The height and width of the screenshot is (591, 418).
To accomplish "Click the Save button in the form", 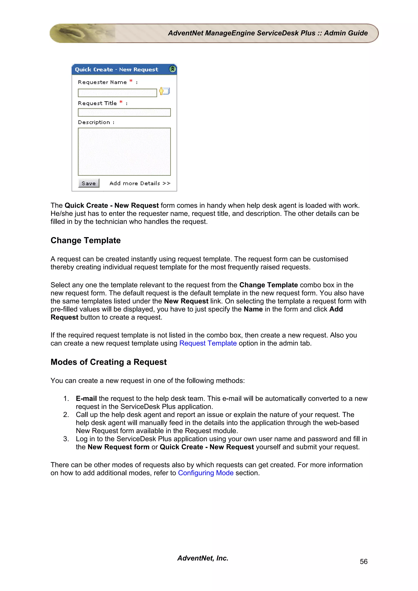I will pos(89,183).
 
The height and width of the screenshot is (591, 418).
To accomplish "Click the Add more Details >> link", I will pos(140,183).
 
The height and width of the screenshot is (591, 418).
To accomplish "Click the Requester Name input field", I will pos(117,93).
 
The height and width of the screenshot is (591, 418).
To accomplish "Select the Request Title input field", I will pos(124,113).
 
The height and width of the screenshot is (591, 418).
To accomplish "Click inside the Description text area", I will pos(124,151).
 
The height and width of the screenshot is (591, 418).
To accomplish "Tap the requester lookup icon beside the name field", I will pos(164,91).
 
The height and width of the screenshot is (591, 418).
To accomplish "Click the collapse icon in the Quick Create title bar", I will pos(172,69).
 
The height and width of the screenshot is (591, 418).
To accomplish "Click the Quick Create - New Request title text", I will pos(116,70).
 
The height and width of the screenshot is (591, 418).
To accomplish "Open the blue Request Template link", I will pos(208,343).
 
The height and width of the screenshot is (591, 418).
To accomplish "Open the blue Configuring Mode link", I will pos(206,473).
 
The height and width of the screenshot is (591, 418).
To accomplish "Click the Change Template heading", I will pos(86,240).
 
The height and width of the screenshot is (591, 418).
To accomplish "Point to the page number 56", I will pos(363,561).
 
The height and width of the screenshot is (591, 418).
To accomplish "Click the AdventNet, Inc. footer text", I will pos(203,558).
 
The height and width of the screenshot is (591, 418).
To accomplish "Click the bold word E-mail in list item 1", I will pos(86,398).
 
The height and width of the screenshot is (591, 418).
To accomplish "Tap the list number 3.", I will pos(66,439).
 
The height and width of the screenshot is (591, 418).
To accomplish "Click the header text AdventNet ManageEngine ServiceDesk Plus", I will pos(241,33).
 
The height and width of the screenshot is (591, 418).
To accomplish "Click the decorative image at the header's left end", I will pos(82,33).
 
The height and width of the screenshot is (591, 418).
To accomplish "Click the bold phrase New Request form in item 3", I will pos(118,447).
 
